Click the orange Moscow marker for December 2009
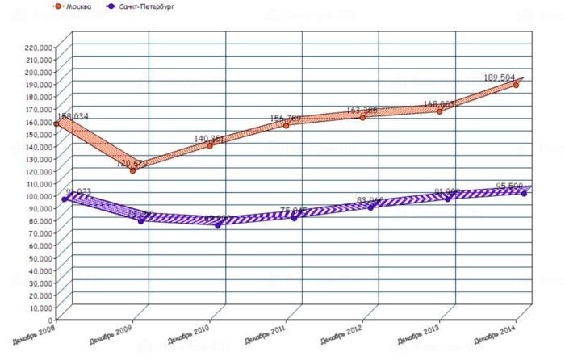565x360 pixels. (x=132, y=170)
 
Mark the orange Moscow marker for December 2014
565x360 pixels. (x=516, y=85)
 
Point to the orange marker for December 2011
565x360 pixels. (x=286, y=125)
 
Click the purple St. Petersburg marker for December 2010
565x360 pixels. (x=218, y=225)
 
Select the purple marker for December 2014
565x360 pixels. (x=524, y=194)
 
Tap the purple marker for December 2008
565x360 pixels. (x=65, y=199)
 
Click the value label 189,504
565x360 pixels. (x=499, y=77)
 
